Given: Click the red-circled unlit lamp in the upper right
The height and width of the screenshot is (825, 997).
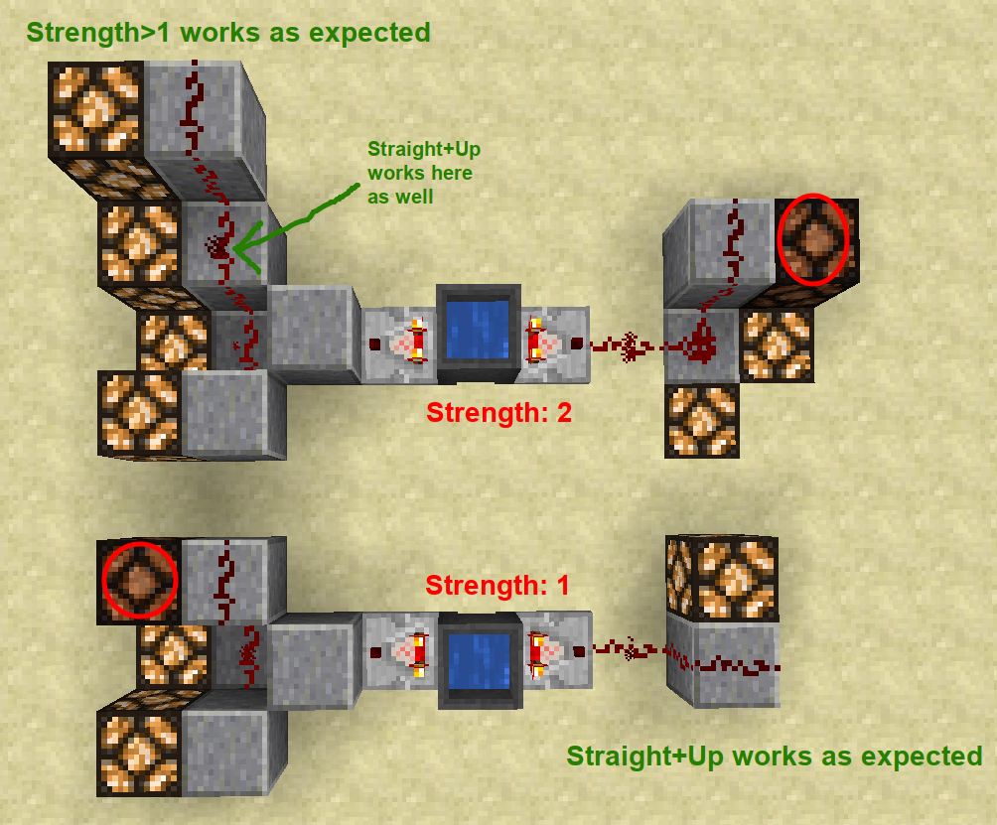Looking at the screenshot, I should [x=813, y=238].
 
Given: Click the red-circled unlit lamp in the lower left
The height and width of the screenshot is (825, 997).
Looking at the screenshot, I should [x=140, y=580].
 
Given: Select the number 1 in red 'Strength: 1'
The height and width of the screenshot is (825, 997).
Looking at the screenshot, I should [x=562, y=586].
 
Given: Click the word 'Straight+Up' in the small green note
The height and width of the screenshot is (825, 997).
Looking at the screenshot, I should [x=424, y=150].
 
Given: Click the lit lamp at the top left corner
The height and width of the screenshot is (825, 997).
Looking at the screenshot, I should [x=96, y=105].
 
